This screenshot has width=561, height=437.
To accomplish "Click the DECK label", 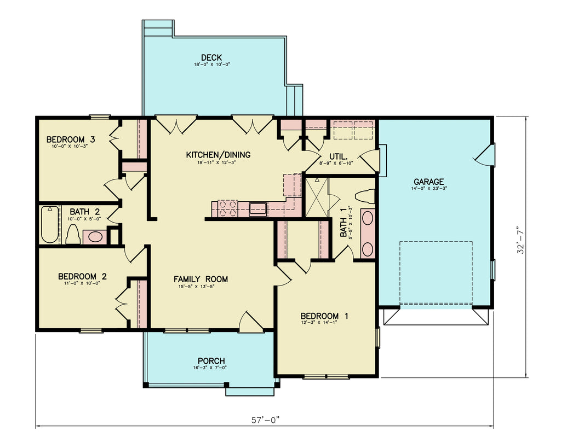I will click(x=211, y=57).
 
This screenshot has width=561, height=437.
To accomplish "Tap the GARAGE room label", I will click(x=428, y=182).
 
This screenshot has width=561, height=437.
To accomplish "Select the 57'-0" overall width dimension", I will click(x=265, y=420).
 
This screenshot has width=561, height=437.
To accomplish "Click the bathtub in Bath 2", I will click(x=50, y=224).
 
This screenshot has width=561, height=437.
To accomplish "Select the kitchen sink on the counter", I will click(x=257, y=208).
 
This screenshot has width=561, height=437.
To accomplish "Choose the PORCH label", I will click(x=211, y=361).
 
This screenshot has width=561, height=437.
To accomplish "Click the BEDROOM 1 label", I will click(x=324, y=316).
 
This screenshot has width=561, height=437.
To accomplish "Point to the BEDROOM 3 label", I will click(x=70, y=139).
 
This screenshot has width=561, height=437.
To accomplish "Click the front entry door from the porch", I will click(x=251, y=323).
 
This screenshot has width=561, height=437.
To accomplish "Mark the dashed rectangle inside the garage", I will click(x=436, y=273).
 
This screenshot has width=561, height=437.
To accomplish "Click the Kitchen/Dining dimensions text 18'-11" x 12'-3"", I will click(x=218, y=162).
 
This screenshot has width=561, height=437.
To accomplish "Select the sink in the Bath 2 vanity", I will click(x=95, y=237).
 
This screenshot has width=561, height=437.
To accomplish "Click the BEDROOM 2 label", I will click(x=82, y=276).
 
